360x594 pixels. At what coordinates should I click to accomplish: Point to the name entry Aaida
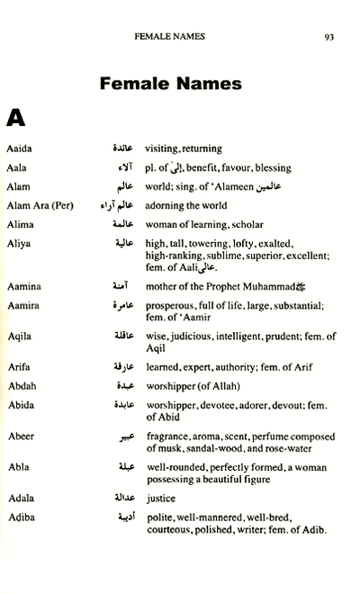click(x=18, y=148)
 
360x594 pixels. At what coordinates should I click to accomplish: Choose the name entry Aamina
click(x=22, y=283)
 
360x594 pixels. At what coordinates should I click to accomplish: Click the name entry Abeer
click(x=20, y=436)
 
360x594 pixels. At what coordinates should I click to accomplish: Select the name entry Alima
click(x=19, y=224)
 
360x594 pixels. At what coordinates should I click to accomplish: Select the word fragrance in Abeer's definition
click(x=168, y=436)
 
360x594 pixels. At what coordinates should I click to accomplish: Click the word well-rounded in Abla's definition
click(x=174, y=467)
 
